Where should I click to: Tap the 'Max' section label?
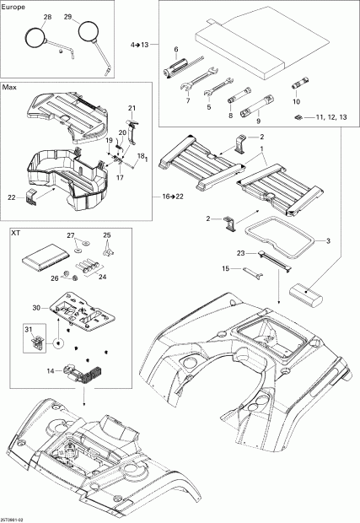point(10,87)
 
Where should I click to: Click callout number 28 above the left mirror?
point(46,17)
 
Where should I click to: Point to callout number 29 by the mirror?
point(68,17)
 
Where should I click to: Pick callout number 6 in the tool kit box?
point(175,50)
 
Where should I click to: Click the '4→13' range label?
point(140,43)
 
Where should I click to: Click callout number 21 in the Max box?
point(132,108)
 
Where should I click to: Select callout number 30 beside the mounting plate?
point(58,307)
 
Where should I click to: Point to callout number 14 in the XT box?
point(51,369)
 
